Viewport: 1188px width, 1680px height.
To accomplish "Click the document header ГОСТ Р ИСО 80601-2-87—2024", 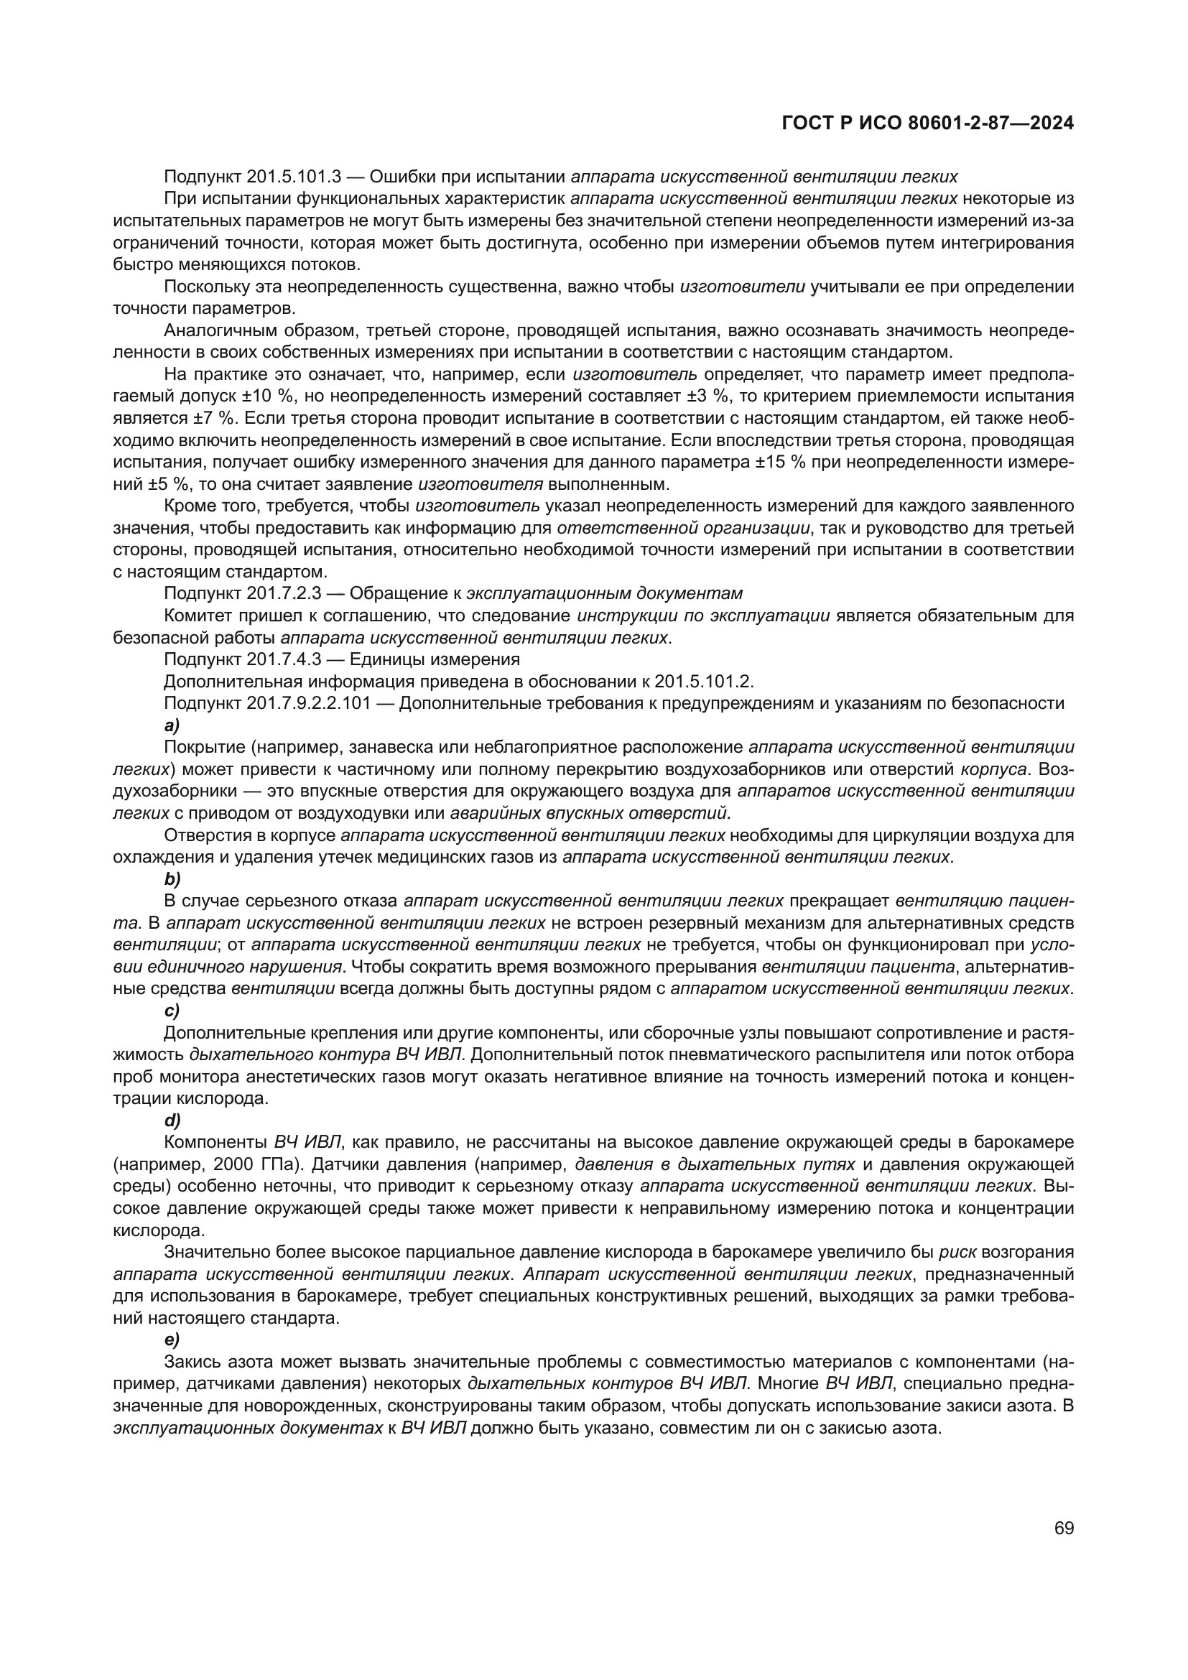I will tap(927, 124).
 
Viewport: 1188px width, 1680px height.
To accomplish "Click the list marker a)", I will tap(172, 725).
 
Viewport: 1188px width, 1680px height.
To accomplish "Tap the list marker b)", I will tap(172, 878).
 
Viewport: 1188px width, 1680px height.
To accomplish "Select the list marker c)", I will tap(172, 1011).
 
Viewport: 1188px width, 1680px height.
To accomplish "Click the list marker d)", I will tap(172, 1120).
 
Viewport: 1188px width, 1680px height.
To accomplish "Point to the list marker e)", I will tap(172, 1340).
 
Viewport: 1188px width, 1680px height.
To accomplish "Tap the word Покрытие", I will tap(200, 747).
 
